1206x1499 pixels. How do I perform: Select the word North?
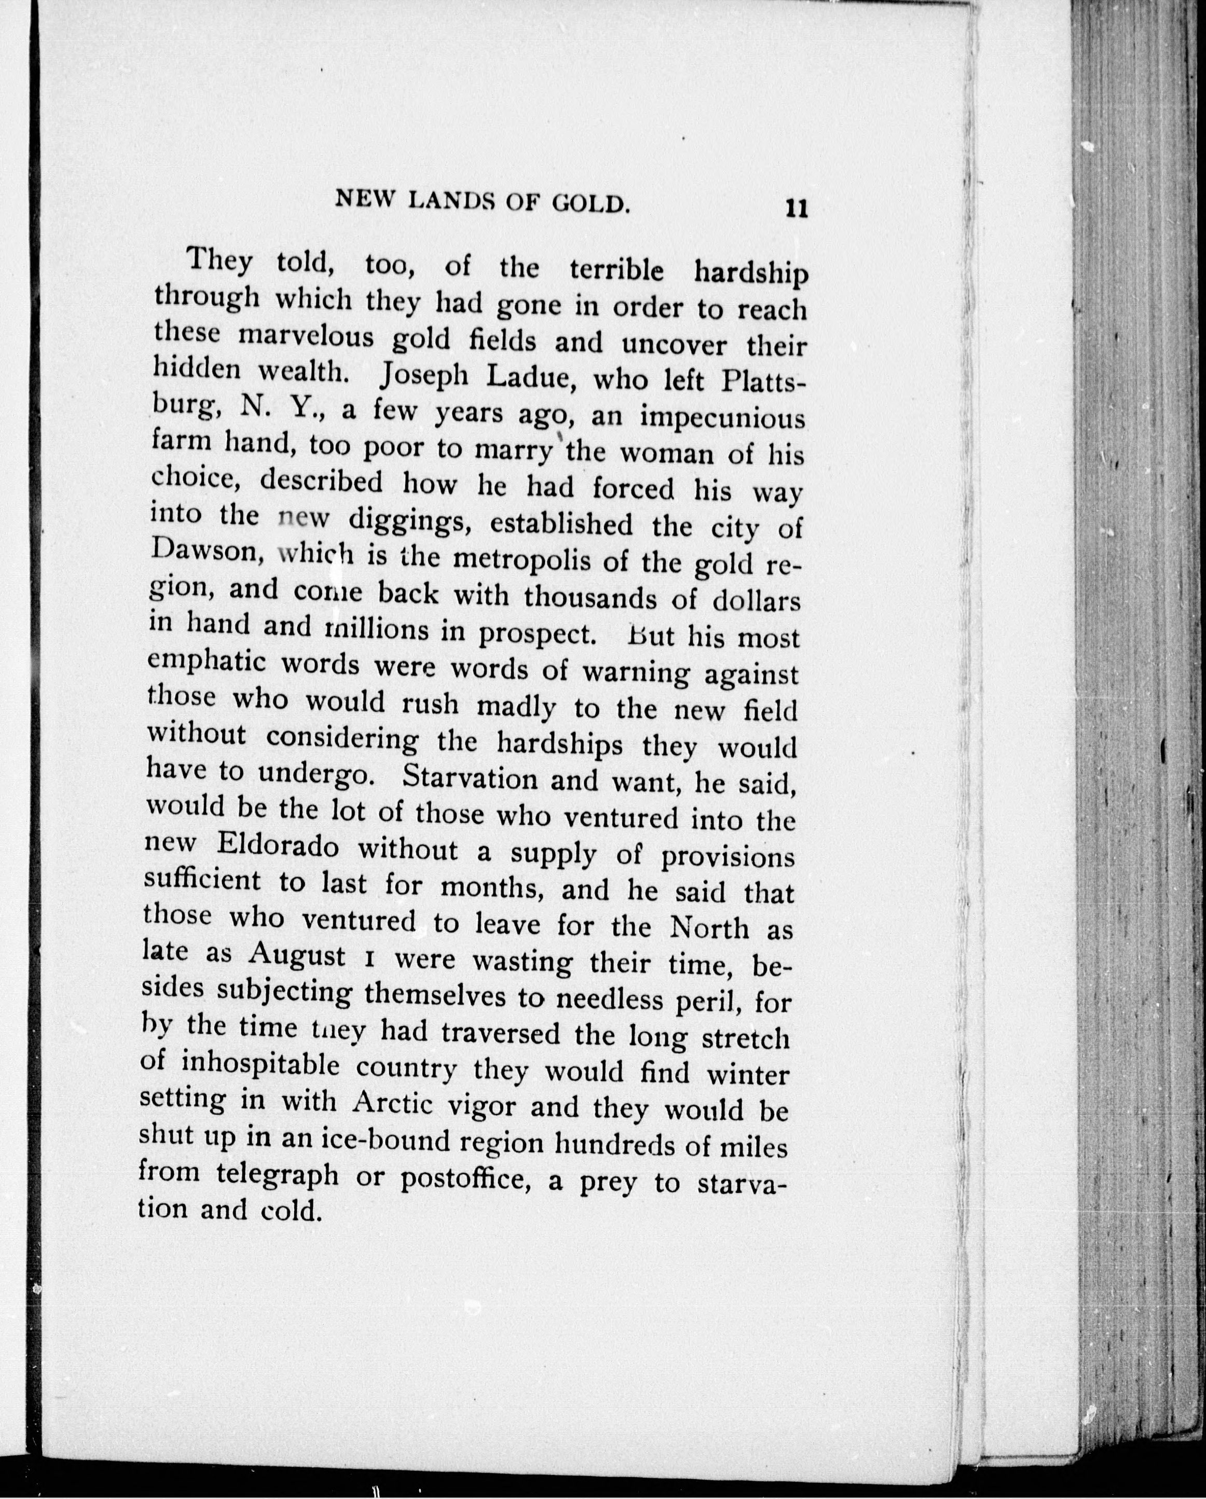click(710, 928)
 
